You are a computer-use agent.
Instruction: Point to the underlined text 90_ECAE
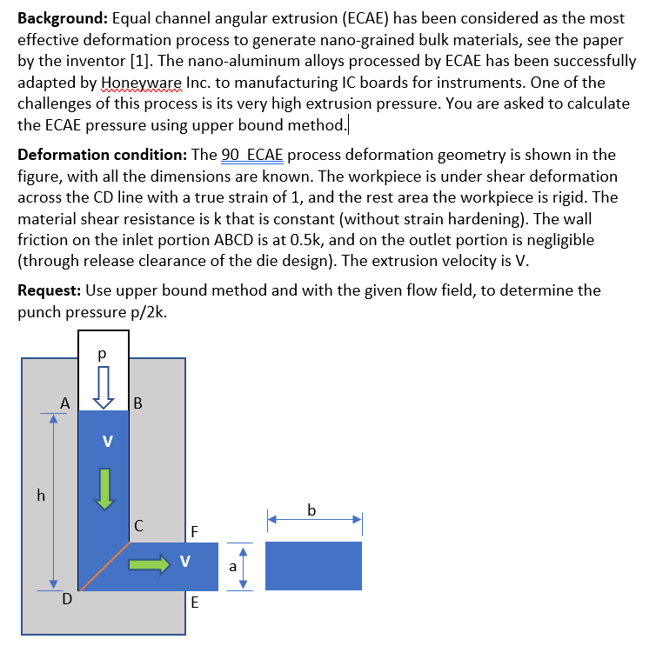coord(253,156)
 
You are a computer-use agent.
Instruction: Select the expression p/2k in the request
coord(146,310)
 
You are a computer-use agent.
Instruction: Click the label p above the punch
coord(103,355)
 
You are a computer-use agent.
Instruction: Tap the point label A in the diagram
coord(64,403)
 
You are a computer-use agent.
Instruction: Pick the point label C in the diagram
coord(139,524)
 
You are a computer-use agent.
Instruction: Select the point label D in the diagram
coord(66,597)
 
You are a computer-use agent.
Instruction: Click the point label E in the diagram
coord(194,601)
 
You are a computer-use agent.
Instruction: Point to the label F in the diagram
coord(194,530)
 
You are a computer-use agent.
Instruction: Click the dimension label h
coord(39,496)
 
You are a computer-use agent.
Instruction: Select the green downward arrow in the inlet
coord(104,488)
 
